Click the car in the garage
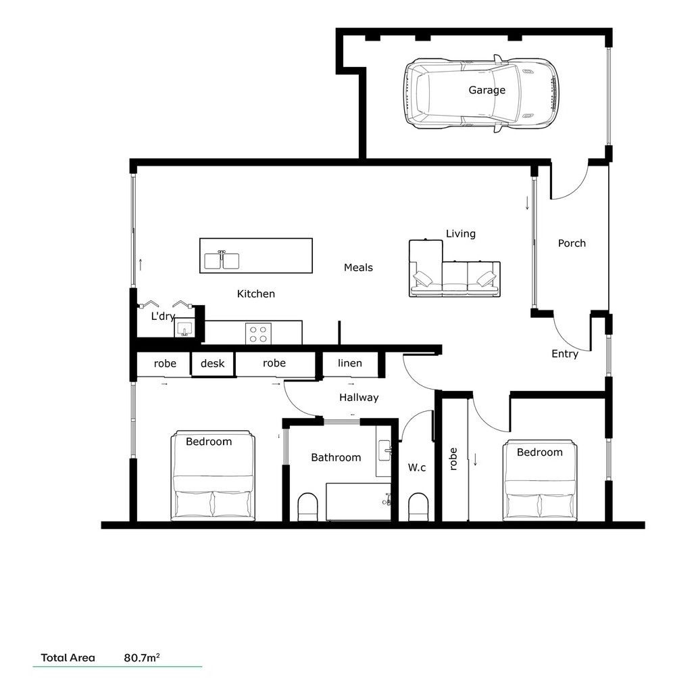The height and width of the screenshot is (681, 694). coord(482,93)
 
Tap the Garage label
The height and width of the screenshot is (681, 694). coord(487,90)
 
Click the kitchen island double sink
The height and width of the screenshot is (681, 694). coord(222,260)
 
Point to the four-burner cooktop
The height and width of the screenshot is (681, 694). coord(258,333)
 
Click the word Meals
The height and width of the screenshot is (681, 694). coord(358,268)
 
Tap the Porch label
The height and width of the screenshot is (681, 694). coord(572,243)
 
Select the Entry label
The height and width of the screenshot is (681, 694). coord(565,354)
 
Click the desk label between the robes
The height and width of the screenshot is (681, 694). coord(212,364)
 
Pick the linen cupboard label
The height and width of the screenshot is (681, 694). coord(349,364)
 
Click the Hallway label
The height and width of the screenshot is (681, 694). coord(359,398)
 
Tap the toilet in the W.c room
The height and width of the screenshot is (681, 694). coord(418,507)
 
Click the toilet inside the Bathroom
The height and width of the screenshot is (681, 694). coord(308,507)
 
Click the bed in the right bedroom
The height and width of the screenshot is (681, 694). coord(540,484)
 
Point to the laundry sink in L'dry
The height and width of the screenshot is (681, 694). coord(184,330)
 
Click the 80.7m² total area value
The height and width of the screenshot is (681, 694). coord(142,657)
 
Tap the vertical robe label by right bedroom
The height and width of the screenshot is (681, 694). coord(453,459)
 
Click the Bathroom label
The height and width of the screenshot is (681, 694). coord(336,458)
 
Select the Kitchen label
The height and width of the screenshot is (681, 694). coord(256,294)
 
